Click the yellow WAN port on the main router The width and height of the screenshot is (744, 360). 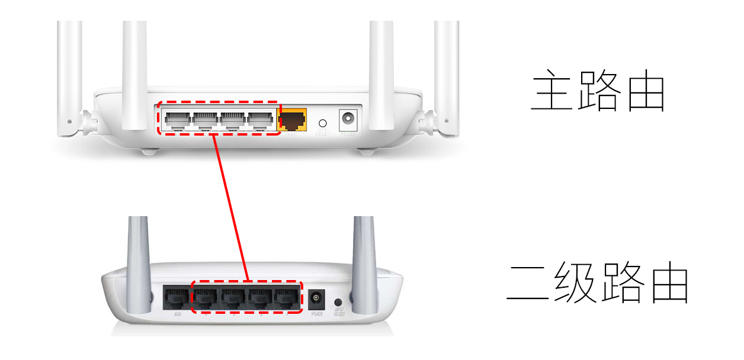(293, 120)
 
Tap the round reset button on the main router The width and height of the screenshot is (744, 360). (323, 123)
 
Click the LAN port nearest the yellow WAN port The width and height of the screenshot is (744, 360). (261, 121)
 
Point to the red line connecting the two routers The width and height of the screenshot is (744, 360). (230, 207)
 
